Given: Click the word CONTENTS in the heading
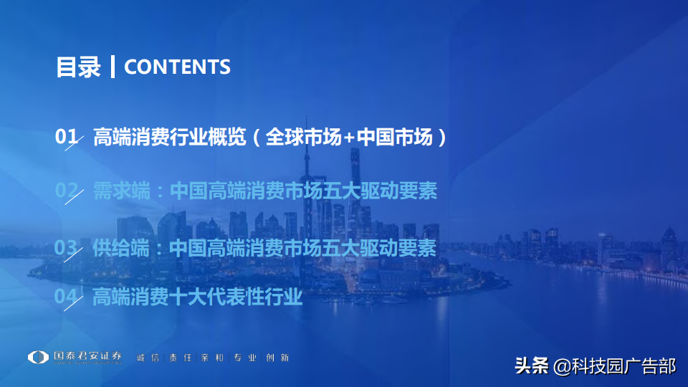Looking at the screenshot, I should point(177,67).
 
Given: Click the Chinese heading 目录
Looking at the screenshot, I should point(78,67).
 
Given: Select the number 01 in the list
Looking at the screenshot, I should point(66,138).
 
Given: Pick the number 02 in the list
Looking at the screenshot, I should point(66,191).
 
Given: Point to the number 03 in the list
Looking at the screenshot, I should point(66,248).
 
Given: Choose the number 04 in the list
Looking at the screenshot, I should point(66,296).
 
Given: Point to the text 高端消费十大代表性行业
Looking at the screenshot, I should point(198,296).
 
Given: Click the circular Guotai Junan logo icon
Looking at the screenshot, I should point(38,358).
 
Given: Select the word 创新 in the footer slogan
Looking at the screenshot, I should point(280,358).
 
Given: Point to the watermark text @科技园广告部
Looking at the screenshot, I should point(614,366).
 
